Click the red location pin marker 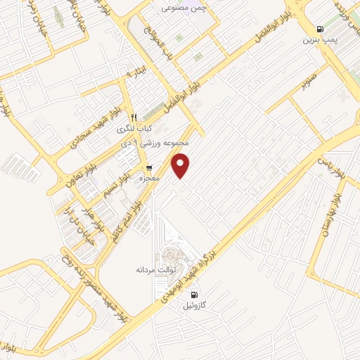tap(181, 165)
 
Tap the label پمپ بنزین tap(321, 41)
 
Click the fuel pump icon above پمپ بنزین tap(321, 30)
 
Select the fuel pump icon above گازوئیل tap(194, 294)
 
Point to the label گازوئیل tap(195, 306)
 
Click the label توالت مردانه tap(155, 269)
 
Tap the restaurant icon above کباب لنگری tap(134, 117)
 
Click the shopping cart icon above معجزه tap(150, 167)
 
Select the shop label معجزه tap(150, 179)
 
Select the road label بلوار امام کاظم tap(124, 221)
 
